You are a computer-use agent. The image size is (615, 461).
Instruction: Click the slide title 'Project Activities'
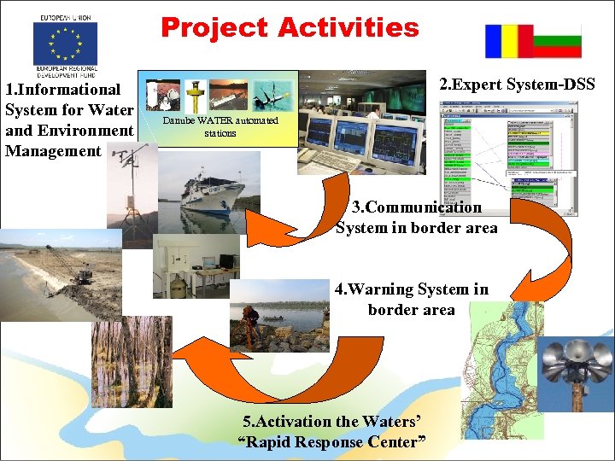(290, 27)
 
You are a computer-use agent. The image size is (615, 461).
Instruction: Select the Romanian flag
(509, 41)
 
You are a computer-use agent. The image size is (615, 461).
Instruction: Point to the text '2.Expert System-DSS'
(517, 84)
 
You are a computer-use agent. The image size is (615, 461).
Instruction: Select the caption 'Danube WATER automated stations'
(220, 126)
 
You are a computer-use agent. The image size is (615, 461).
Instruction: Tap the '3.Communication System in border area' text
(416, 218)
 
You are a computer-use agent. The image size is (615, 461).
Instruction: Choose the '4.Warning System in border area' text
(412, 300)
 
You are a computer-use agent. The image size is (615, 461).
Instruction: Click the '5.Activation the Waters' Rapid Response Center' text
(332, 431)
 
